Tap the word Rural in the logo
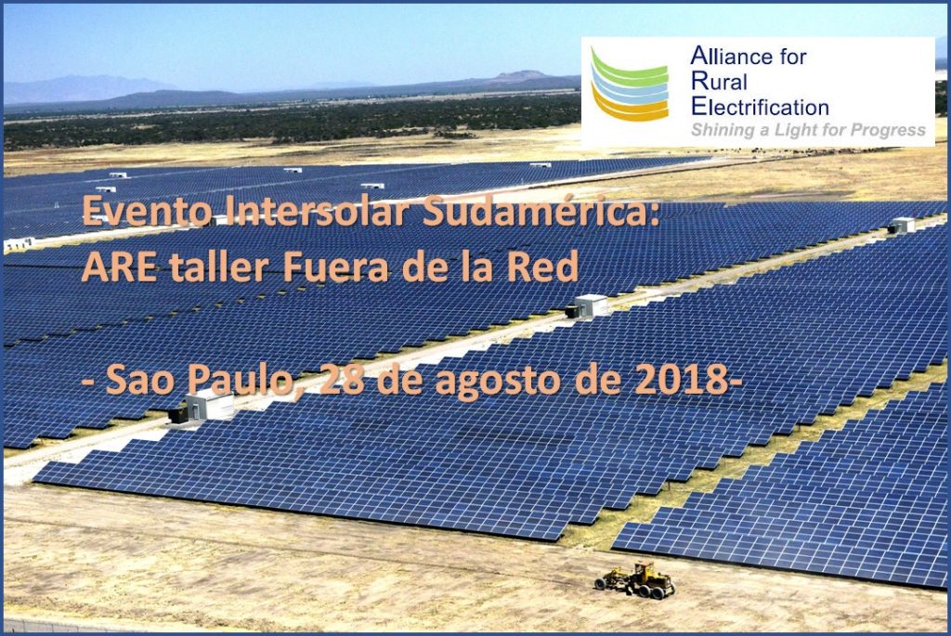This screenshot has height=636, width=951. [x=719, y=82]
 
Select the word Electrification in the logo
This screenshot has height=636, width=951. [x=760, y=107]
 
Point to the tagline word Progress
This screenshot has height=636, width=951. [x=888, y=130]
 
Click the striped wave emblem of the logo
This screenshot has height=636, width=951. [x=630, y=84]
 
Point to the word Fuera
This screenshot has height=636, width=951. [x=335, y=266]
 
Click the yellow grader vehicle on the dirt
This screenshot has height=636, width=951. [x=635, y=580]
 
